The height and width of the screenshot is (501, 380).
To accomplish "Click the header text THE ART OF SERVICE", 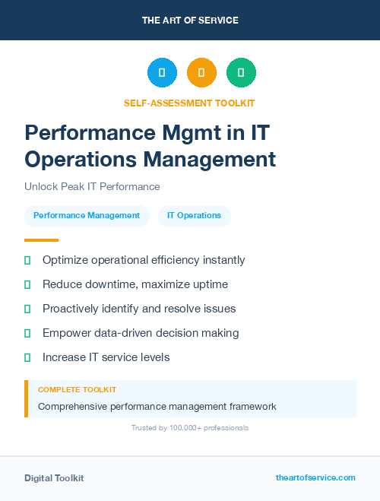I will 190,21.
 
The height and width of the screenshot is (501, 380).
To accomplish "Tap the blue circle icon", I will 162,73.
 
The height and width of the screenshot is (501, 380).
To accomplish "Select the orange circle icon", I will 201,73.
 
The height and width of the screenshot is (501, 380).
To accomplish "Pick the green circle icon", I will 241,73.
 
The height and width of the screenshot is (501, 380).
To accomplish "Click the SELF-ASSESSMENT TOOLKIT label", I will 189,103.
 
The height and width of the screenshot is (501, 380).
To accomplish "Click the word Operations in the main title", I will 80,160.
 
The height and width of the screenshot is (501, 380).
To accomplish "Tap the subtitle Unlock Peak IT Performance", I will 92,186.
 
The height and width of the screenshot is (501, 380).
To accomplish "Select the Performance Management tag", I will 87,216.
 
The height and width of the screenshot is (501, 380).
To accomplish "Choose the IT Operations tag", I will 194,216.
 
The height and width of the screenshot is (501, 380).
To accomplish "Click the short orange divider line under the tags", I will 41,240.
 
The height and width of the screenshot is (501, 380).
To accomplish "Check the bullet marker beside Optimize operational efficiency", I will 27,260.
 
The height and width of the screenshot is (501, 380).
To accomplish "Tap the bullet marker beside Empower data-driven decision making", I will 27,333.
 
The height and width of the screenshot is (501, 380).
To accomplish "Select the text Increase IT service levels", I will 106,357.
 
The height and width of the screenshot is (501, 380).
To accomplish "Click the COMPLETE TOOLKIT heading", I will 77,389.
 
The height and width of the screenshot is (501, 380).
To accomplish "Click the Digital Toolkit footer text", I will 54,478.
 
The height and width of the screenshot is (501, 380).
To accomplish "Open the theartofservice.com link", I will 315,477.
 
